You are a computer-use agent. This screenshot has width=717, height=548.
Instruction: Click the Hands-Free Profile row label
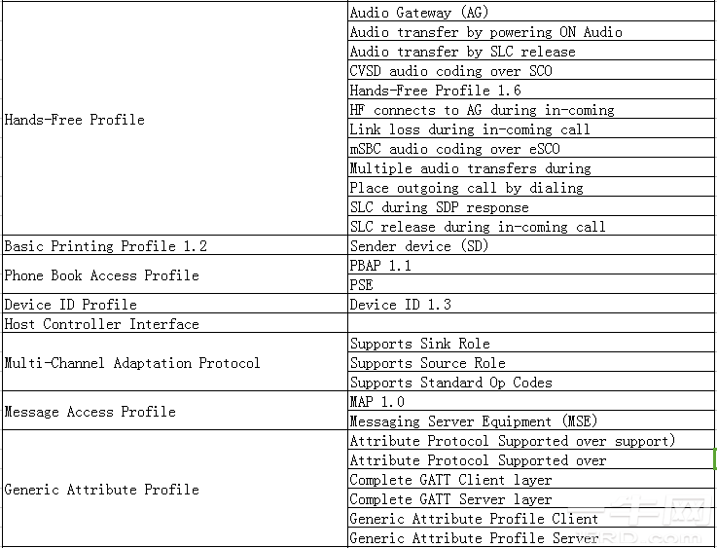pos(75,120)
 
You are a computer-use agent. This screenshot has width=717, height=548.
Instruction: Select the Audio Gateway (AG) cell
pos(419,13)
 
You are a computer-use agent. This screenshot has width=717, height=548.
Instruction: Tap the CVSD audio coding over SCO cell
pos(450,71)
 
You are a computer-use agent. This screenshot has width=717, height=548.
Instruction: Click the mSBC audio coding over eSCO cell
pos(454,149)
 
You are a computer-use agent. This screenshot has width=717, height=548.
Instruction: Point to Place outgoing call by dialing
pos(466,188)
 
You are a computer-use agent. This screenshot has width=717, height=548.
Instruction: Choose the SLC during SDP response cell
pos(439,207)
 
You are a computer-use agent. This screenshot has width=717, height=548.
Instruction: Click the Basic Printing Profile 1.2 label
pos(106,246)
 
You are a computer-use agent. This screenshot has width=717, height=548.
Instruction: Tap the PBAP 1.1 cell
pos(380,266)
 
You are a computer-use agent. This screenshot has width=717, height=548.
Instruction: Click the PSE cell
pos(362,285)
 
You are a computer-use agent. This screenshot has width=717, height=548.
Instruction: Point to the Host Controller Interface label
pos(102,324)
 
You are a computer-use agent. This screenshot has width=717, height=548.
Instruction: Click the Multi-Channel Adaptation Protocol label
pos(132,363)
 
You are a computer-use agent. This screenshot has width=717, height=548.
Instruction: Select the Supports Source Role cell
pos(427,363)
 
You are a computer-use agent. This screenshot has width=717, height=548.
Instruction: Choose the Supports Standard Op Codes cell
pos(450,383)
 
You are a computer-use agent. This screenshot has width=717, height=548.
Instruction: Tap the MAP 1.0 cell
pos(376,402)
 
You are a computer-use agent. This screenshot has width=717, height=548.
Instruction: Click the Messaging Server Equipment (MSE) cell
pos(473,421)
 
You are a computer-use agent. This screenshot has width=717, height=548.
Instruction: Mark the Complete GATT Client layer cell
pos(450,480)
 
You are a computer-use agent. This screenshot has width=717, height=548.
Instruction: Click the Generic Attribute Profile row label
pos(102,490)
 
